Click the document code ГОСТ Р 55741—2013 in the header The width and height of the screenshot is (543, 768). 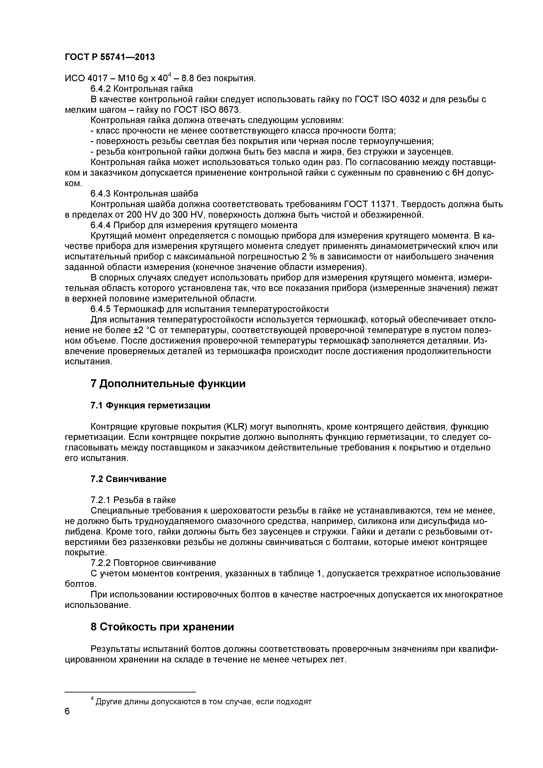tap(110, 57)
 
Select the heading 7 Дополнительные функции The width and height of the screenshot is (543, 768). tap(168, 383)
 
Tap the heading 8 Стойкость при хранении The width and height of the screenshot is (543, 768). tap(162, 627)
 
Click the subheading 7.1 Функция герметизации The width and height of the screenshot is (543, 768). tap(150, 405)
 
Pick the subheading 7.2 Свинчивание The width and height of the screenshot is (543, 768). tap(128, 479)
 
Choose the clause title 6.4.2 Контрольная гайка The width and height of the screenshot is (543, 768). tap(142, 89)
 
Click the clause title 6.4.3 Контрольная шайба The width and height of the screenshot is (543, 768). tap(144, 194)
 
